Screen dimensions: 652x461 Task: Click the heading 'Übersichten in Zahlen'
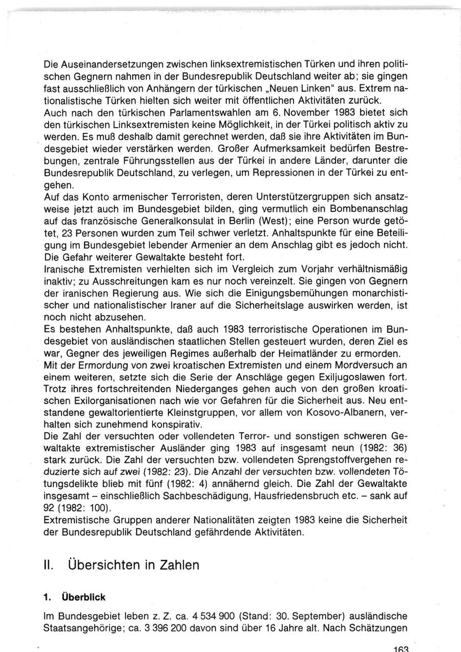(133, 565)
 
